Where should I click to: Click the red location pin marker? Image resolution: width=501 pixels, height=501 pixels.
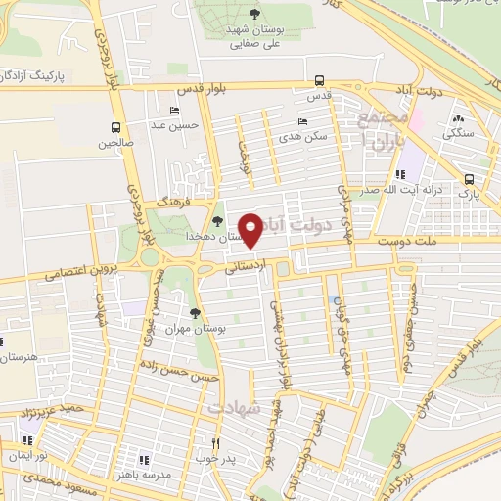251,229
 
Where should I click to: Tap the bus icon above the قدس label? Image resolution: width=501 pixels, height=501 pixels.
319,82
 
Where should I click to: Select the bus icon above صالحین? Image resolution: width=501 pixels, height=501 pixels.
116,127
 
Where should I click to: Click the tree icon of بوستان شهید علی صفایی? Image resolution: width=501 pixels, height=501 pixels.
254,14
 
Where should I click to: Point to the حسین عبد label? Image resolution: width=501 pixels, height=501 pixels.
182,124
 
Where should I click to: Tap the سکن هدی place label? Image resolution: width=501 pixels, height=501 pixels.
304,136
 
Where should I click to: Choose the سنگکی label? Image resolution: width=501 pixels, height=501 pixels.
457,132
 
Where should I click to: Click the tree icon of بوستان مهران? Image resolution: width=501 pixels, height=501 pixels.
195,314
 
